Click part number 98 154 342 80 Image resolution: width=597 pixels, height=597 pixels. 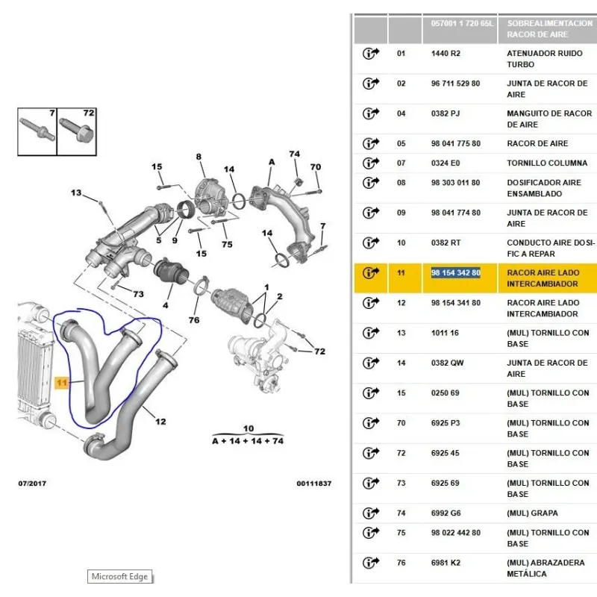point(456,273)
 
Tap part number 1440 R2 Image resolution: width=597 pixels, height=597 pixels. point(446,54)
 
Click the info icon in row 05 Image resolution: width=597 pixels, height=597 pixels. point(371,143)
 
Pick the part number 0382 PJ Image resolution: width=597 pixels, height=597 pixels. point(446,113)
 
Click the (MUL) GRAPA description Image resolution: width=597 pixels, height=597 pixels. point(532,513)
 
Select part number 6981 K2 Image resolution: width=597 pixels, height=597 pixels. point(446,563)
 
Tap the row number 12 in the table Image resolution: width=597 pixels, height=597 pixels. point(401,303)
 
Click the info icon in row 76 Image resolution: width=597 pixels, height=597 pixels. point(371,563)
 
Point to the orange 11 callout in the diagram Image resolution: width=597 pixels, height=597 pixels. point(61,382)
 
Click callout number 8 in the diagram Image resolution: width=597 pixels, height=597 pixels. point(199,157)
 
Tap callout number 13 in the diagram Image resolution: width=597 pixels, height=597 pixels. point(76,193)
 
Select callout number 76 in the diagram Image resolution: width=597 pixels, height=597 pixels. point(194,320)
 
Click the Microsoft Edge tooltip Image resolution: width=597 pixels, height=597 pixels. point(119,576)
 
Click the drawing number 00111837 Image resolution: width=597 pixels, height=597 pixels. point(313,484)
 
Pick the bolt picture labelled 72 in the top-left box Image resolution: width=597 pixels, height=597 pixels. point(78,132)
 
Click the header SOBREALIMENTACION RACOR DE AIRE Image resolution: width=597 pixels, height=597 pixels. point(547,29)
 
